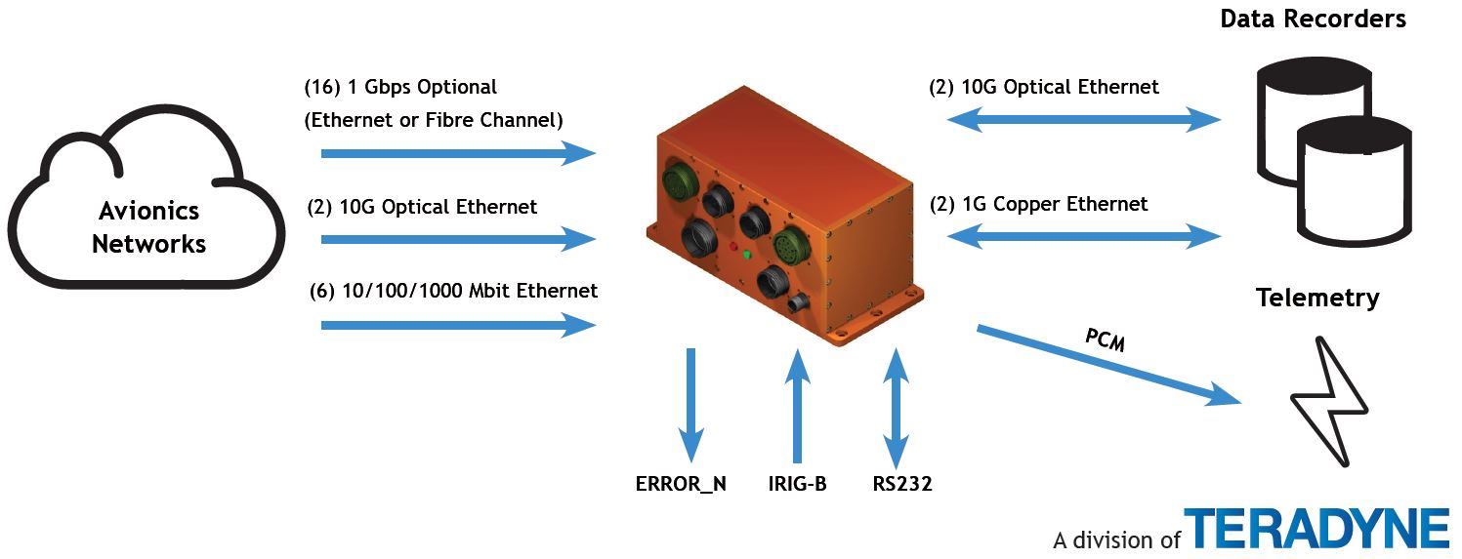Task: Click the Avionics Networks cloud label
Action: (x=148, y=226)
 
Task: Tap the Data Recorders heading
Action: (x=1313, y=19)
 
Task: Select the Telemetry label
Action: (x=1317, y=298)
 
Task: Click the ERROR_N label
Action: (x=681, y=483)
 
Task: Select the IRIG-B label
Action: (x=797, y=483)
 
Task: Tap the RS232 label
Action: (x=903, y=483)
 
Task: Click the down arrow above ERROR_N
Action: (x=691, y=404)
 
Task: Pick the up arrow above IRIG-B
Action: (x=798, y=404)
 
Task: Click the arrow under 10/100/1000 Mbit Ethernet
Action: (x=458, y=325)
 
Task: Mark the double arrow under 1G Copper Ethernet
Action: (x=1084, y=236)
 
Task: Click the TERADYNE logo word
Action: (x=1317, y=528)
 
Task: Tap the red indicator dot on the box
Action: (x=734, y=246)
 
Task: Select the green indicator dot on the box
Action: (x=746, y=256)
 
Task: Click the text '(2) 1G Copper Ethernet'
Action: (x=1038, y=204)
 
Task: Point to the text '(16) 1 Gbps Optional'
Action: (x=401, y=87)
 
